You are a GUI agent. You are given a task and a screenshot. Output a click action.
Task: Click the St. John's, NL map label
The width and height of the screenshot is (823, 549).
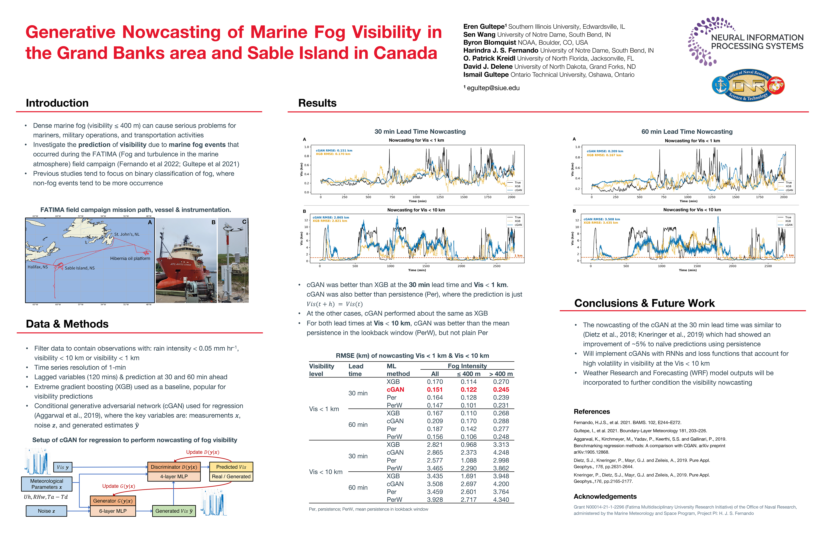tap(127, 234)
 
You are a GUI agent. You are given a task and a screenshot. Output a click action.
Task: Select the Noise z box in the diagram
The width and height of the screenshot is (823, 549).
tap(46, 511)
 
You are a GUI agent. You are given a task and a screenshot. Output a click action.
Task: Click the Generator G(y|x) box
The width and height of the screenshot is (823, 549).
tap(113, 501)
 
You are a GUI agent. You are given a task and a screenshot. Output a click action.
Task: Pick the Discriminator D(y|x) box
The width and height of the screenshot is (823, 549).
tap(174, 467)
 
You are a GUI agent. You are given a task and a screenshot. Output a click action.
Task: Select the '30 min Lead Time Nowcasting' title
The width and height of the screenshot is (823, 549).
tap(420, 132)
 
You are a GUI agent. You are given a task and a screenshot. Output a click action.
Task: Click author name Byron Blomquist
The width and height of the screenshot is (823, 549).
tap(490, 42)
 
